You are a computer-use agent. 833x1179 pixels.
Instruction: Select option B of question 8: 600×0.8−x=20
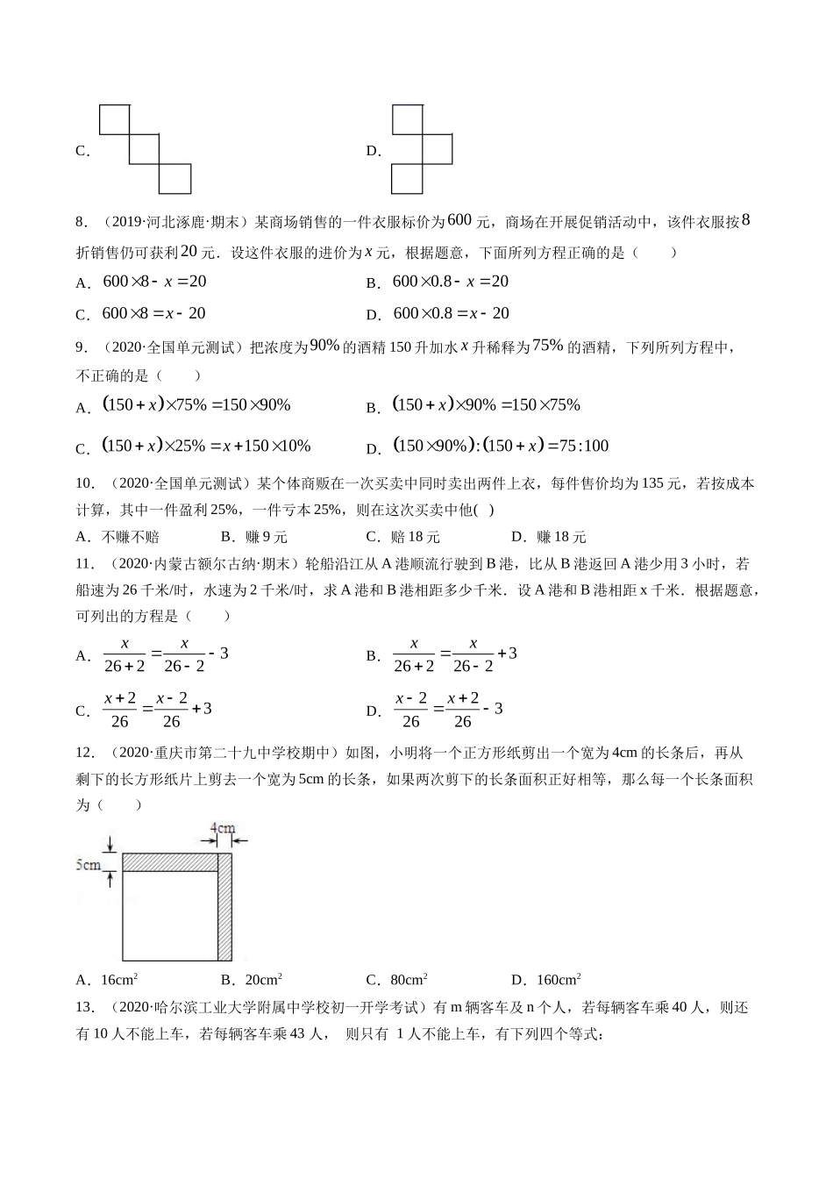coord(450,282)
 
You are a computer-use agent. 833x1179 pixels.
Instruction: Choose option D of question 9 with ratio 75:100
coord(501,446)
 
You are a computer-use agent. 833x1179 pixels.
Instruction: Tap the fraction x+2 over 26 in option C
coord(120,710)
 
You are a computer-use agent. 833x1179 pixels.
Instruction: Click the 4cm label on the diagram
coord(222,827)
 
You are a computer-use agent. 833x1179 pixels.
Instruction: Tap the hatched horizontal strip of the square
coord(169,862)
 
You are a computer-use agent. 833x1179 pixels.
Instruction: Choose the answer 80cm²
coord(404,980)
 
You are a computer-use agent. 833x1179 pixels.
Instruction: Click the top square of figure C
coord(114,119)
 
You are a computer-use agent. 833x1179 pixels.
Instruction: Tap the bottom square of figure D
coord(407,178)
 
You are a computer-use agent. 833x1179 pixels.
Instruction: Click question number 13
coord(85,1008)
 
